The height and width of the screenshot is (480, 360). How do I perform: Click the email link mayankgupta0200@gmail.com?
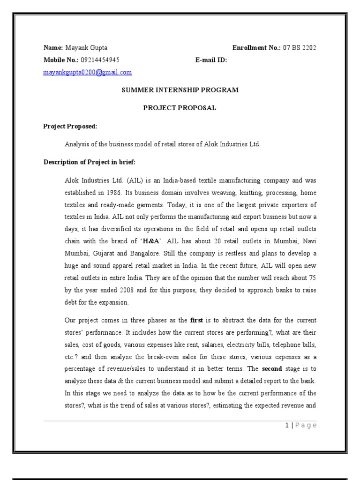88,72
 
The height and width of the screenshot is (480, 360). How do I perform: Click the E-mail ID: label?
211,60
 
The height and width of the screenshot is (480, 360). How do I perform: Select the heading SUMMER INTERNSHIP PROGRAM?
180,90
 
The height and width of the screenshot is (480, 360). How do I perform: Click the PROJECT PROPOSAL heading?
180,108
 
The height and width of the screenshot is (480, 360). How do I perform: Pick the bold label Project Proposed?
70,126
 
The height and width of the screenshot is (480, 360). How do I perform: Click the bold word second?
272,369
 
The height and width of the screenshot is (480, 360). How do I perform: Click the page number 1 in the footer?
286,425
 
